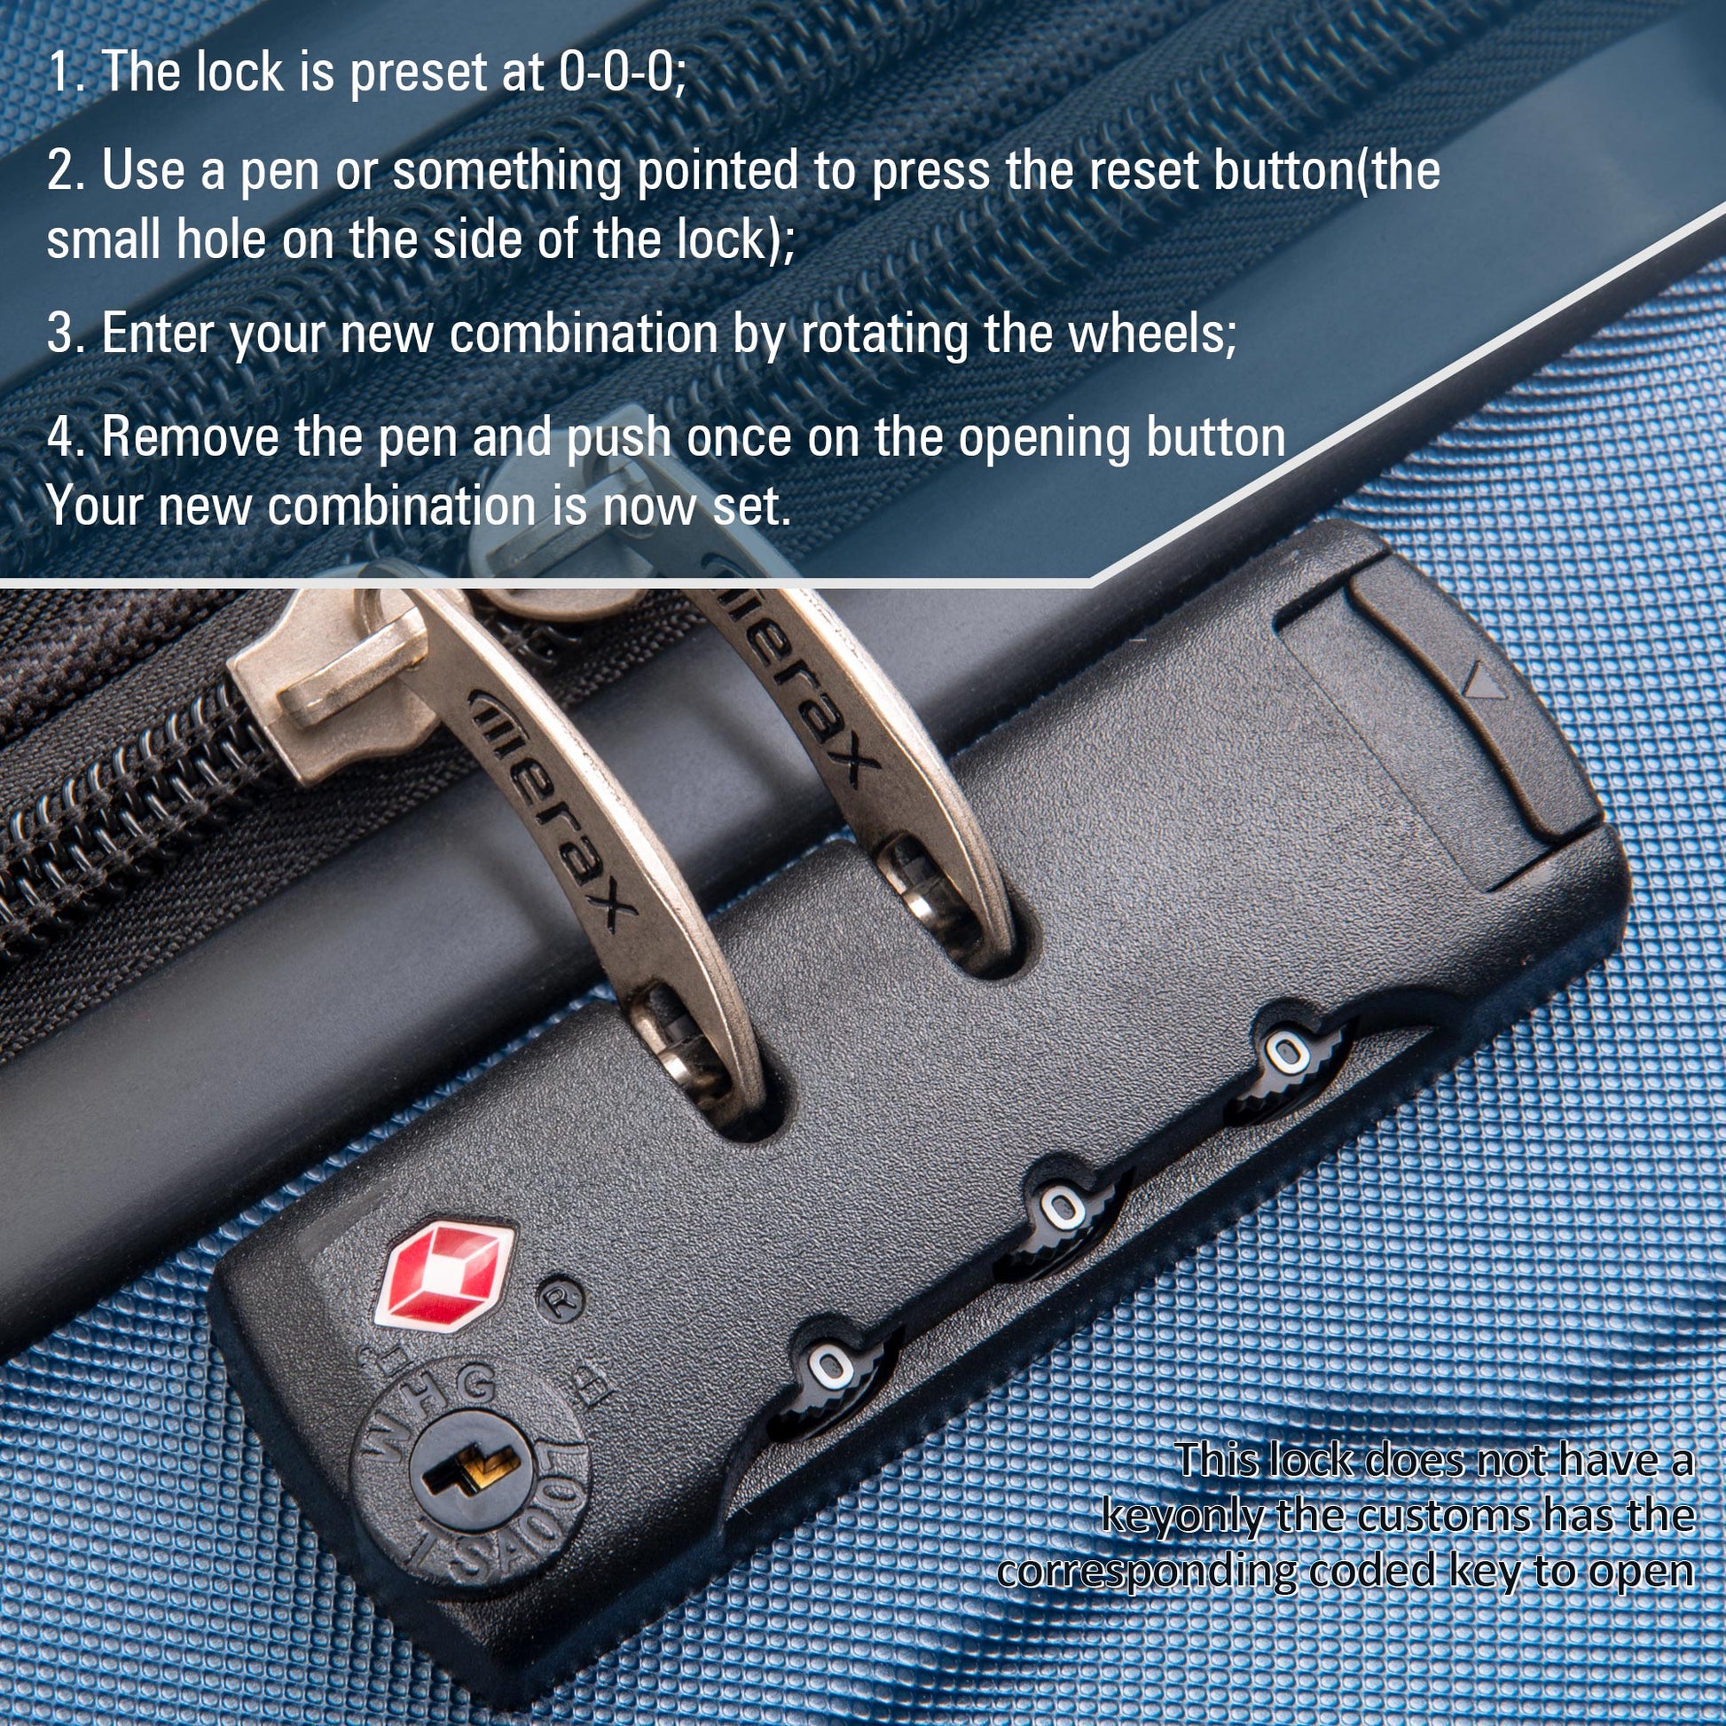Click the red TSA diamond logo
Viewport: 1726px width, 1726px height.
(448, 1271)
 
